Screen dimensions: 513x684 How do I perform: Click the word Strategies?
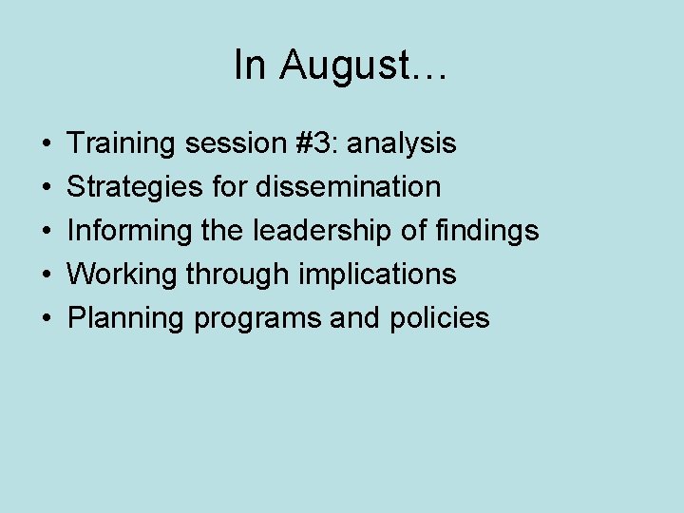click(x=135, y=188)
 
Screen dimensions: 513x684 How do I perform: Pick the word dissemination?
click(x=348, y=187)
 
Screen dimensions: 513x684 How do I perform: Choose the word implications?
click(x=377, y=275)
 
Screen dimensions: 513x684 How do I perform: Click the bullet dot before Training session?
click(x=47, y=145)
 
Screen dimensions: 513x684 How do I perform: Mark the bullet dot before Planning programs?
click(x=47, y=319)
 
